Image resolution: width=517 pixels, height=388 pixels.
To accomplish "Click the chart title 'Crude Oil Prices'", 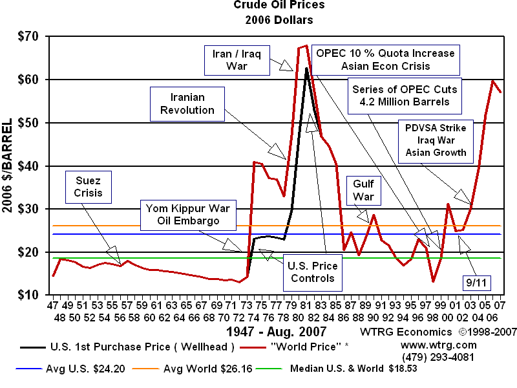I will point(279,5).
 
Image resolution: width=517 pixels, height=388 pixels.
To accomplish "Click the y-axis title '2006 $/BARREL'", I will point(9,166).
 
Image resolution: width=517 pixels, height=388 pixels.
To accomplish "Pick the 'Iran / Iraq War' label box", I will point(231,59).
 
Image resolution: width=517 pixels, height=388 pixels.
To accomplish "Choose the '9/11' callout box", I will point(476,283).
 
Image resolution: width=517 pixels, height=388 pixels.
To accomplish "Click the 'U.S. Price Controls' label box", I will point(311,273).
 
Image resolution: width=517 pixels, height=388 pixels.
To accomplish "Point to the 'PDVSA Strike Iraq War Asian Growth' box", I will point(436,140).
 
